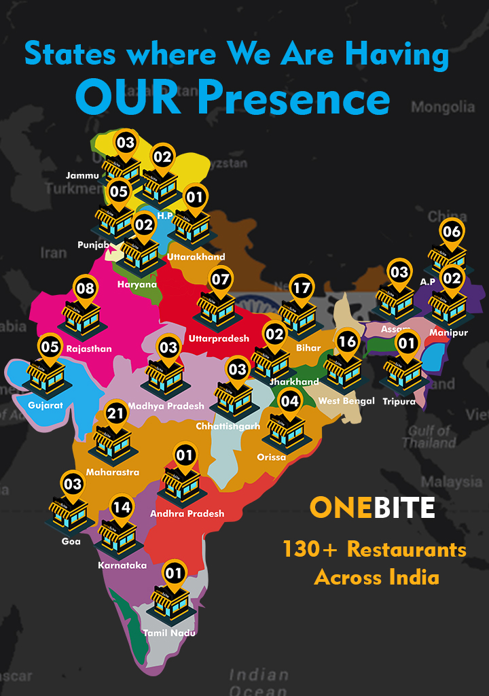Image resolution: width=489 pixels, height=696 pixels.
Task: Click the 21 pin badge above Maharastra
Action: tap(115, 413)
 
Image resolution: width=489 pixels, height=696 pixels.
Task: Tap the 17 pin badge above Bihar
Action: tap(301, 288)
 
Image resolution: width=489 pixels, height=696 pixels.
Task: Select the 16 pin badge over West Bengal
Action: tap(347, 341)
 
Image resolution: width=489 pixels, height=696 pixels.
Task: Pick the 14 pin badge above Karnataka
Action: tap(122, 507)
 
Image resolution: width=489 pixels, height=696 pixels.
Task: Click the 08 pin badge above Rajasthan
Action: tap(85, 288)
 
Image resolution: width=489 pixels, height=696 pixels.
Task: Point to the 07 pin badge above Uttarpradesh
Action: tap(220, 279)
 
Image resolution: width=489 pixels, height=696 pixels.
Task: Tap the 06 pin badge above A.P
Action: tap(451, 232)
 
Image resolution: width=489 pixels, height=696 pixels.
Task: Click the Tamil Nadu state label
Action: tap(169, 633)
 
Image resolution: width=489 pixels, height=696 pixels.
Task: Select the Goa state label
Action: tap(71, 541)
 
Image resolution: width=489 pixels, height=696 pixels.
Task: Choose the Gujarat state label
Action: tap(46, 405)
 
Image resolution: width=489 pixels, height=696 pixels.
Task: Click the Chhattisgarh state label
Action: tap(228, 426)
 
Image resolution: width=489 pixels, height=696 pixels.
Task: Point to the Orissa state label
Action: tap(272, 457)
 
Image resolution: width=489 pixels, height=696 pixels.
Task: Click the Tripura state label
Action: tap(399, 401)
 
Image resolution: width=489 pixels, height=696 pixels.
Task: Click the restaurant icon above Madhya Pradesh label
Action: tap(166, 379)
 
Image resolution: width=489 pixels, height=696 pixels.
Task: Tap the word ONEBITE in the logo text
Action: tap(372, 508)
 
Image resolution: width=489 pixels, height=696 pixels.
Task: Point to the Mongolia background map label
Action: tap(443, 107)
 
